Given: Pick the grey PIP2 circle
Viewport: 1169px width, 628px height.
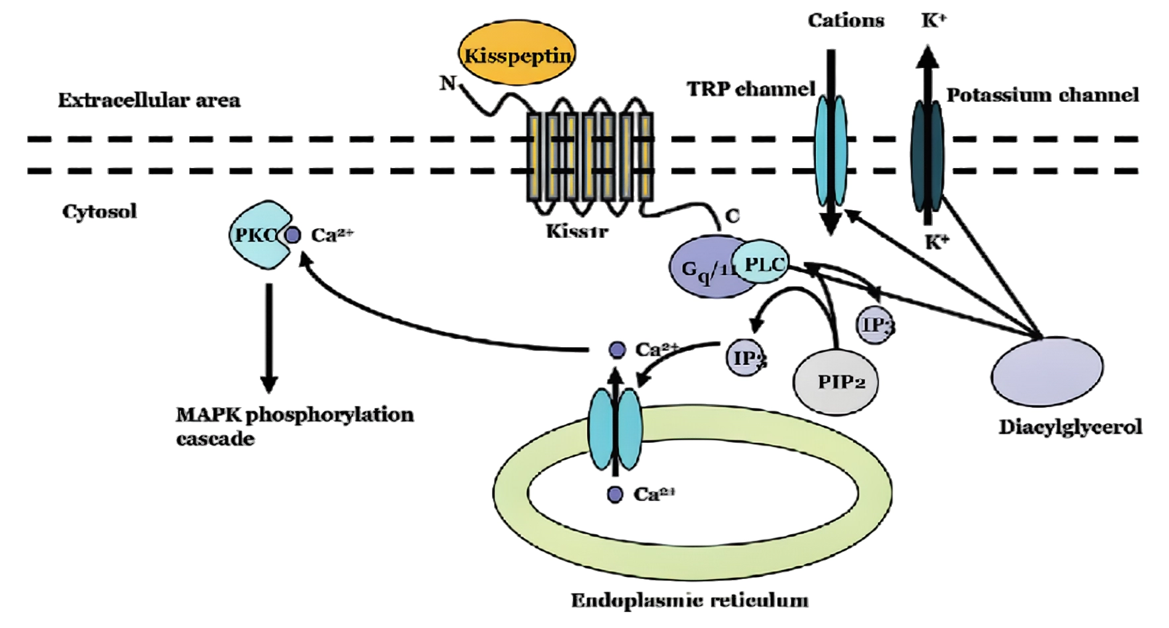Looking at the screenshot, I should click(x=836, y=382).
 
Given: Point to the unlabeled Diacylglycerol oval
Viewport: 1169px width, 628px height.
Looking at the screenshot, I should click(x=1047, y=370).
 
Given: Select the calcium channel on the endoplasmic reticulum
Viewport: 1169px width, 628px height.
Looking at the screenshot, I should click(x=615, y=430).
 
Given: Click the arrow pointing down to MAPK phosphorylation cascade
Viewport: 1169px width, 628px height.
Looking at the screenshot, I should click(x=268, y=337).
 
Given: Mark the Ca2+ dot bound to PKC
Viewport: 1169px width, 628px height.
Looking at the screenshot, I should click(x=293, y=235).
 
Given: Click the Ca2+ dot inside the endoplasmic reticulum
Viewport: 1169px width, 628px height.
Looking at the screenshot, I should click(x=615, y=494).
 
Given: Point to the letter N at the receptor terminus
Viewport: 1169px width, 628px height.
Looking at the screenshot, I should click(x=448, y=83).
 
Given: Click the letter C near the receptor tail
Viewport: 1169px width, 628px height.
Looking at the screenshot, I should click(x=732, y=216).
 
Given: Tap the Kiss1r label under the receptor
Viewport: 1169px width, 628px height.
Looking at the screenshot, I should click(x=577, y=231).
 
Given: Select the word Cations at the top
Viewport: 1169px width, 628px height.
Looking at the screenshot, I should click(x=846, y=20).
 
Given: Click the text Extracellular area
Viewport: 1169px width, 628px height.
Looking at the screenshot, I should click(x=149, y=100).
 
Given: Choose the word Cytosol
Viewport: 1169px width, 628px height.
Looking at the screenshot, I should click(x=99, y=212).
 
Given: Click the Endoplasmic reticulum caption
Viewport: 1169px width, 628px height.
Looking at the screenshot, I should click(x=689, y=600).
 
